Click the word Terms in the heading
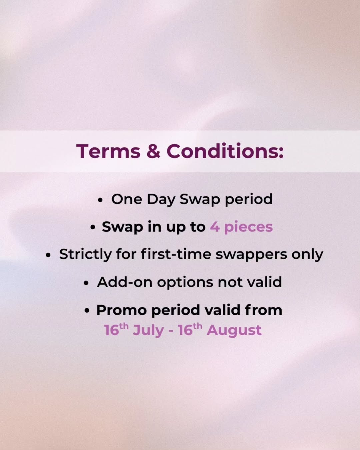click(108, 151)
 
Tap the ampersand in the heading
click(153, 151)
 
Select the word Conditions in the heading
click(225, 151)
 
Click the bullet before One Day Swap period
click(100, 200)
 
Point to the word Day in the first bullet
click(161, 199)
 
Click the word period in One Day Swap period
click(249, 199)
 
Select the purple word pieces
click(249, 227)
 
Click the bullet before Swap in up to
click(93, 228)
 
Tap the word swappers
click(251, 255)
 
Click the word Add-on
click(125, 282)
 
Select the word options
click(185, 283)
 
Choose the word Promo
click(122, 310)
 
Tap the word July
click(148, 331)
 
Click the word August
click(234, 331)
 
